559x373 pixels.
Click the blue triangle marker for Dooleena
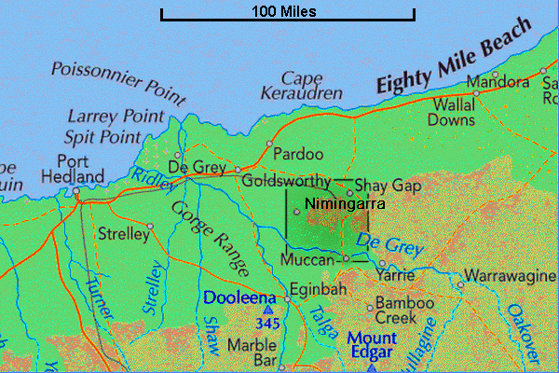[x=269, y=310]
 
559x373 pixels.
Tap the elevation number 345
[x=269, y=324]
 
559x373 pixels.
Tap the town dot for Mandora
[x=495, y=75]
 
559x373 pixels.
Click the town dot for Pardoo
[x=268, y=144]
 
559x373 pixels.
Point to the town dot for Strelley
[x=150, y=225]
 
